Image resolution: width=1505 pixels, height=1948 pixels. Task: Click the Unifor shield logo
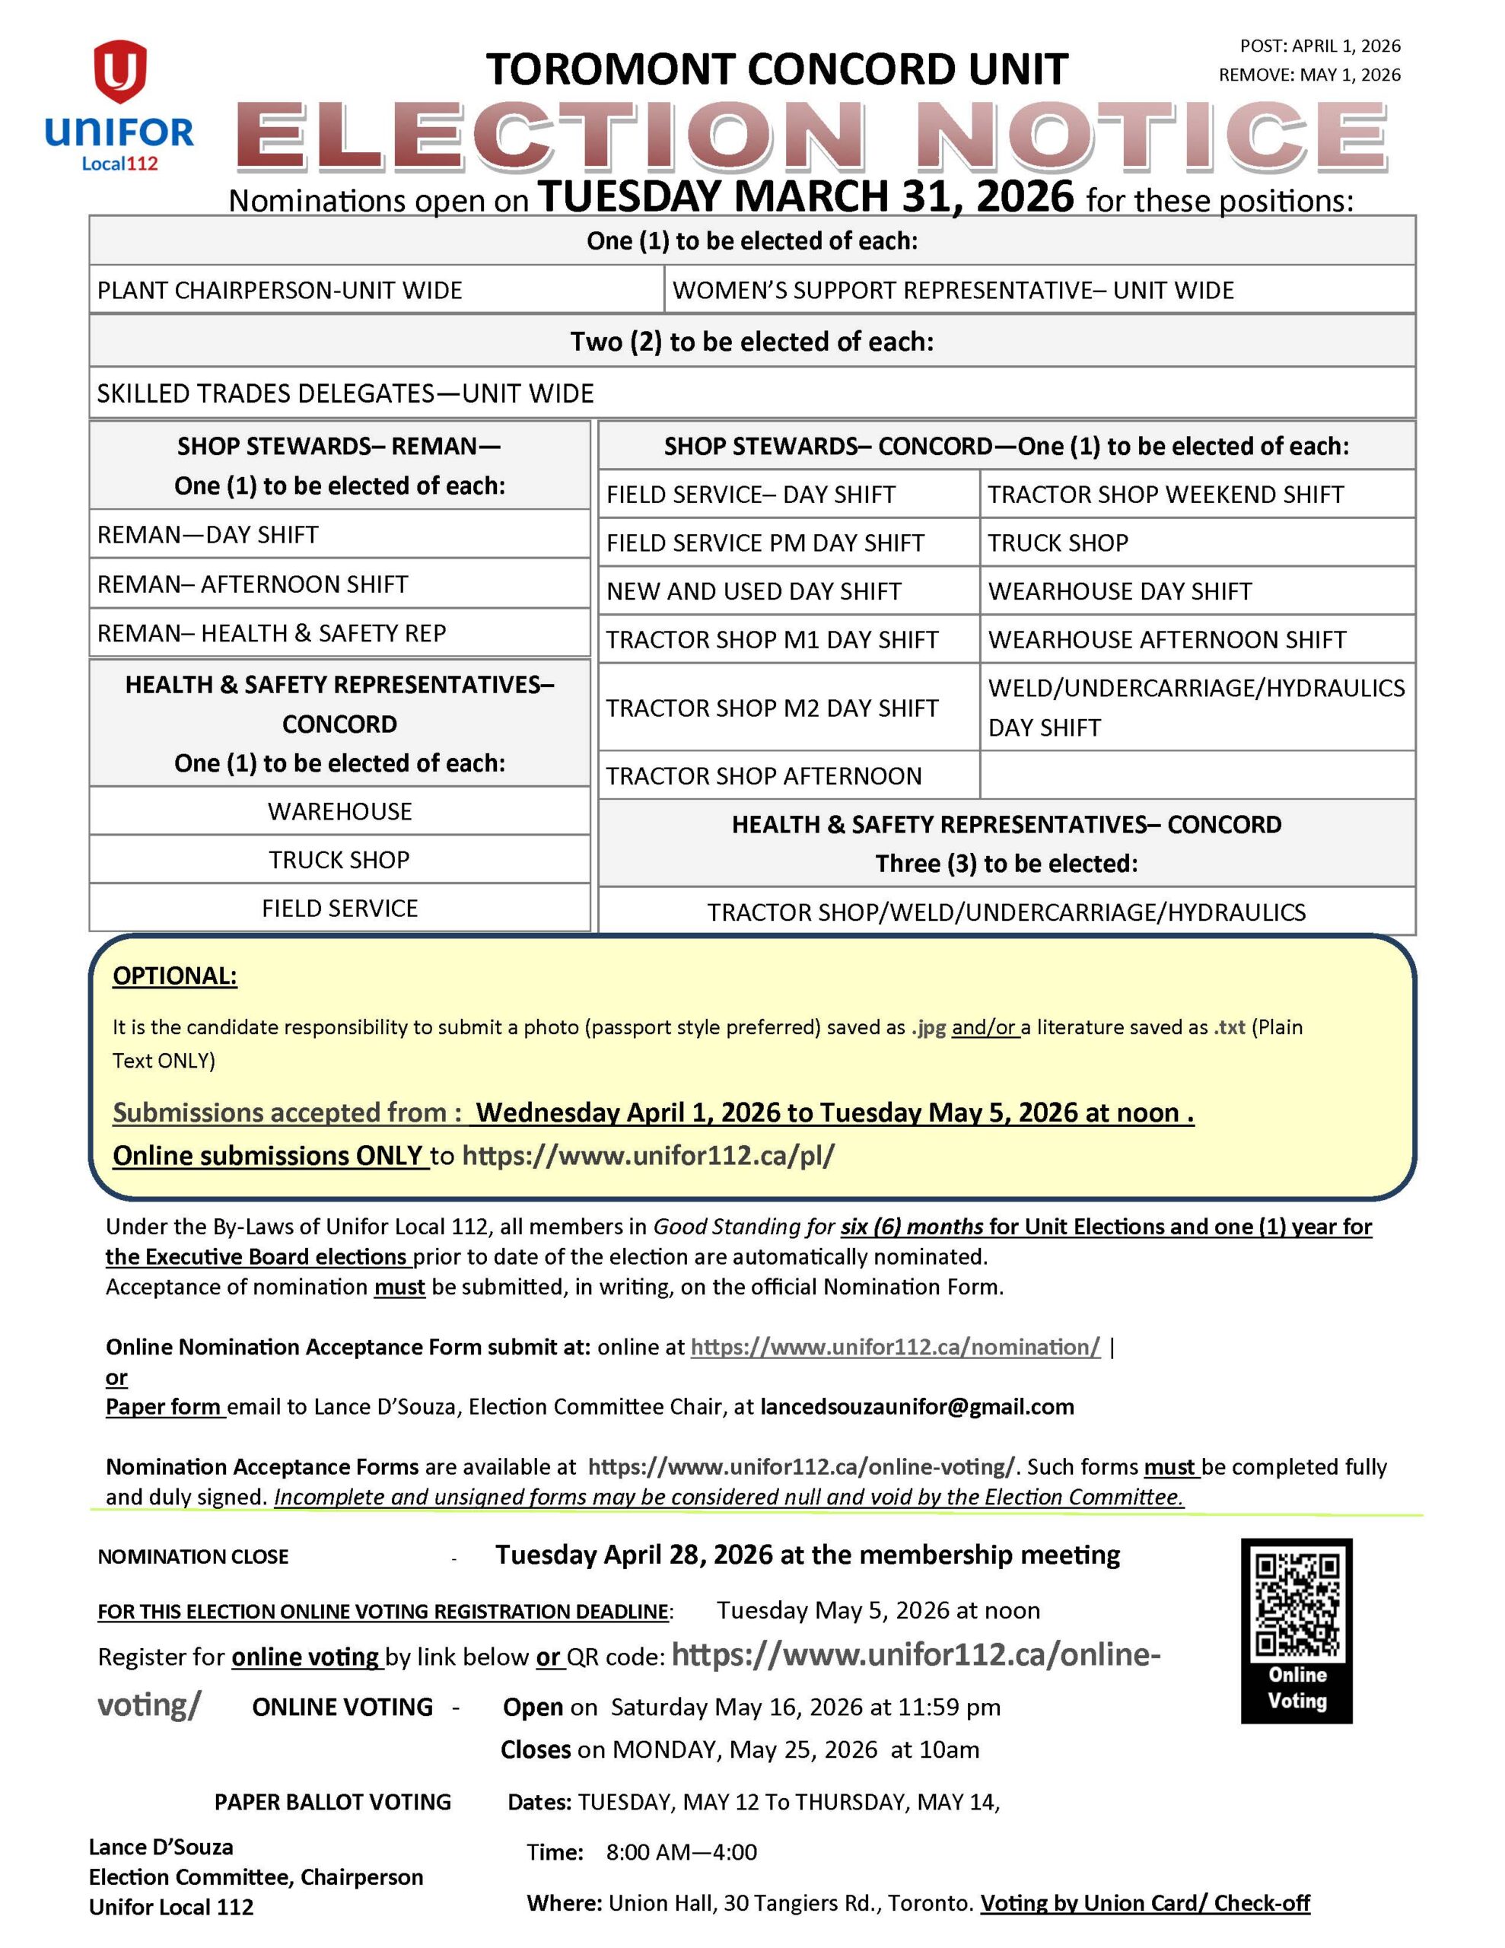(119, 72)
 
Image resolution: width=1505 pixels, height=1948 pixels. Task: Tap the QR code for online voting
(1297, 1606)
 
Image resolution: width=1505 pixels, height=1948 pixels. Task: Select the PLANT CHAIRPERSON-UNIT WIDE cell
(279, 291)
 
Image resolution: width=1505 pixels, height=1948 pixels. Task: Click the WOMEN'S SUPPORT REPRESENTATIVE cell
(953, 291)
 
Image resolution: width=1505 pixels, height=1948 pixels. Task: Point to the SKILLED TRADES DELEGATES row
(345, 393)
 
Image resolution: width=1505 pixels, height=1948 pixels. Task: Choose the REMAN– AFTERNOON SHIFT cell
(253, 584)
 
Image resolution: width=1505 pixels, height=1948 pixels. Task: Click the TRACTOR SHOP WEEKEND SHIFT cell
(1165, 494)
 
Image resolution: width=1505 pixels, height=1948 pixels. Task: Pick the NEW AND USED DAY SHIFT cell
(754, 591)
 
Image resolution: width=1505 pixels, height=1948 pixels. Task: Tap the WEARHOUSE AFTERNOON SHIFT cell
(1167, 639)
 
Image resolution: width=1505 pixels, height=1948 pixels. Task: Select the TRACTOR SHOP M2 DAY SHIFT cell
(772, 708)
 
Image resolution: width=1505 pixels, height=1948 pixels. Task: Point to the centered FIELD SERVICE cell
(340, 908)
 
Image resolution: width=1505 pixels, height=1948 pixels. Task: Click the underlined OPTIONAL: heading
(175, 976)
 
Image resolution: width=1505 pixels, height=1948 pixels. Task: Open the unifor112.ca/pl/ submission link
(648, 1156)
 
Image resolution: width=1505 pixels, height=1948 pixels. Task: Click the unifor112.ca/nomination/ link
(895, 1347)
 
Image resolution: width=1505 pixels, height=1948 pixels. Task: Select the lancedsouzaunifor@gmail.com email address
(917, 1406)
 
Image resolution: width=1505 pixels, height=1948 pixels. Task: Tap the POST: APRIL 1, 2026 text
(1319, 46)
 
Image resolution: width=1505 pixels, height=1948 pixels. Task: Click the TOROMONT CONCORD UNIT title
(777, 69)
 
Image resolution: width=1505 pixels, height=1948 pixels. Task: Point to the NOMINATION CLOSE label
(192, 1556)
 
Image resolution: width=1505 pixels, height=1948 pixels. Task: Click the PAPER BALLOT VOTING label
(332, 1803)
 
